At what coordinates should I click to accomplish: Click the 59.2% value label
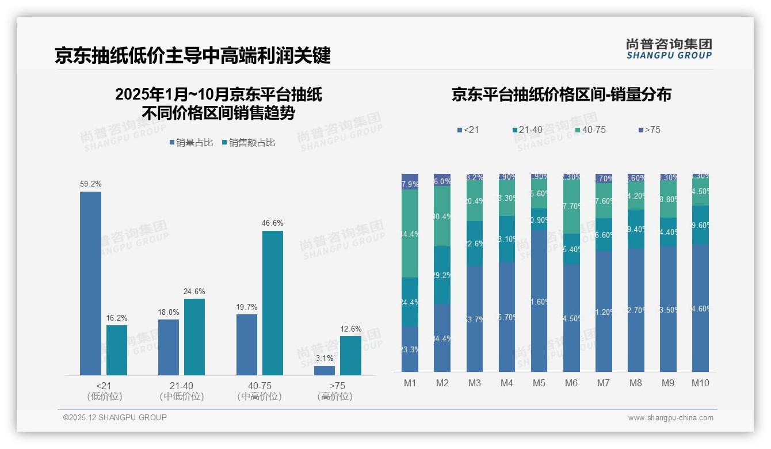90,184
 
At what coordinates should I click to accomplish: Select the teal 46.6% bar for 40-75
273,303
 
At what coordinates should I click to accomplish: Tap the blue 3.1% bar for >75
325,371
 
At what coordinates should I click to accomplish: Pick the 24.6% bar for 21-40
194,337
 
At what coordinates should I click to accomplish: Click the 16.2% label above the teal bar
117,318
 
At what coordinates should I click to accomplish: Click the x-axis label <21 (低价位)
104,391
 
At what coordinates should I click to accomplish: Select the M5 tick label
539,383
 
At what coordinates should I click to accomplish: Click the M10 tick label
700,383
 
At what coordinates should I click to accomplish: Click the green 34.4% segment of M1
410,233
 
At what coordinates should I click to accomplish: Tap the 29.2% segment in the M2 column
442,275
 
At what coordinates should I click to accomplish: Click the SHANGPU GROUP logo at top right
669,49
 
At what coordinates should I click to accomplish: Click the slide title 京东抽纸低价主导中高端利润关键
193,56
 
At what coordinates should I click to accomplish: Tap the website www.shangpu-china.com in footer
670,418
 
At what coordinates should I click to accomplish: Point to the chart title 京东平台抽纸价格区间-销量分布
561,95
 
